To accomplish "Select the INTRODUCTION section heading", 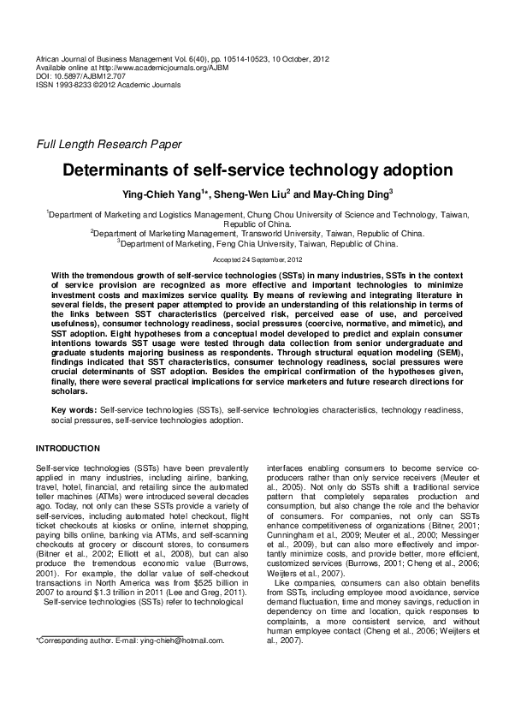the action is (68, 449).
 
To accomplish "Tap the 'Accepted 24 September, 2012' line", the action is (254, 258).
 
